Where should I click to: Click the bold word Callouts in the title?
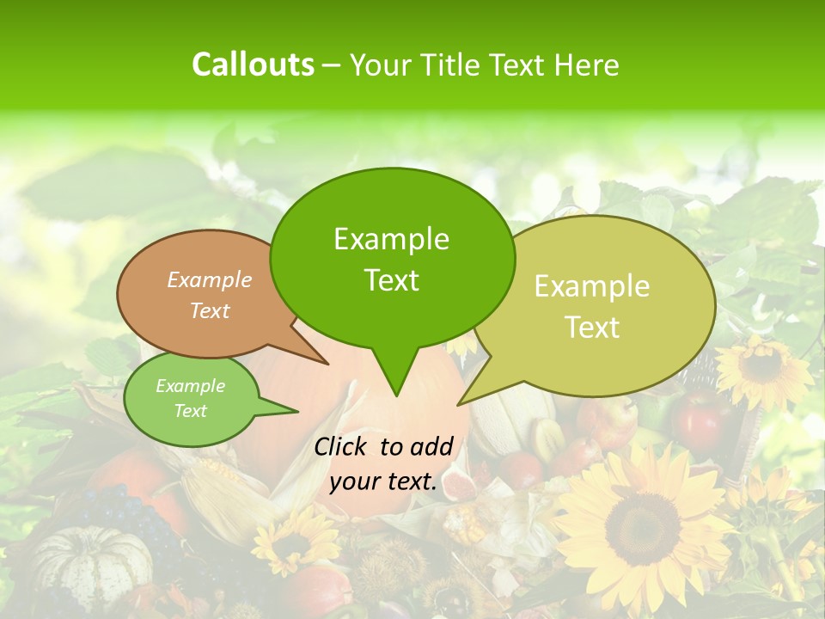(x=253, y=64)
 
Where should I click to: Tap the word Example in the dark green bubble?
(x=391, y=239)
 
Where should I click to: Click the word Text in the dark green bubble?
(x=391, y=280)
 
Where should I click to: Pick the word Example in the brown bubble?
(x=209, y=279)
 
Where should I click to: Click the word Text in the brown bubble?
(x=209, y=310)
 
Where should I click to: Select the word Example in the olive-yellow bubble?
(x=591, y=286)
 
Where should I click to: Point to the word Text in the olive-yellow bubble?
(x=592, y=328)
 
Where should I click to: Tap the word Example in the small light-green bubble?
(x=190, y=386)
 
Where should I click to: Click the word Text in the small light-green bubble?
(x=190, y=411)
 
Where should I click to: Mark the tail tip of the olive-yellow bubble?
(x=459, y=404)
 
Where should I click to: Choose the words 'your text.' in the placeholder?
(x=382, y=482)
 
